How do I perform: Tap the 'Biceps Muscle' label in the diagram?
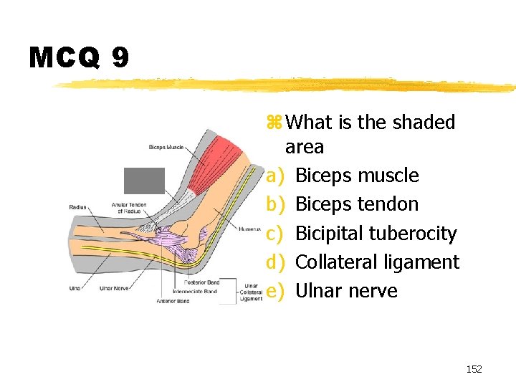point(166,148)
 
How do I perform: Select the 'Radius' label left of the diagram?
point(77,207)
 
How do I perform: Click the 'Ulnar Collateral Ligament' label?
point(251,292)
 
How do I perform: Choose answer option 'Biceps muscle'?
point(357,176)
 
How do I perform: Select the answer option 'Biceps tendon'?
point(356,204)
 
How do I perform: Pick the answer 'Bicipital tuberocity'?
point(376,234)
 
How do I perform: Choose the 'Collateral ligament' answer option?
point(377,262)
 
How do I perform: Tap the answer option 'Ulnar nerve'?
point(346,291)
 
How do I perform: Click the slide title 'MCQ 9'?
point(79,57)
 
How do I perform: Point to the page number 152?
point(474,369)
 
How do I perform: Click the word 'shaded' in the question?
point(423,123)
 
